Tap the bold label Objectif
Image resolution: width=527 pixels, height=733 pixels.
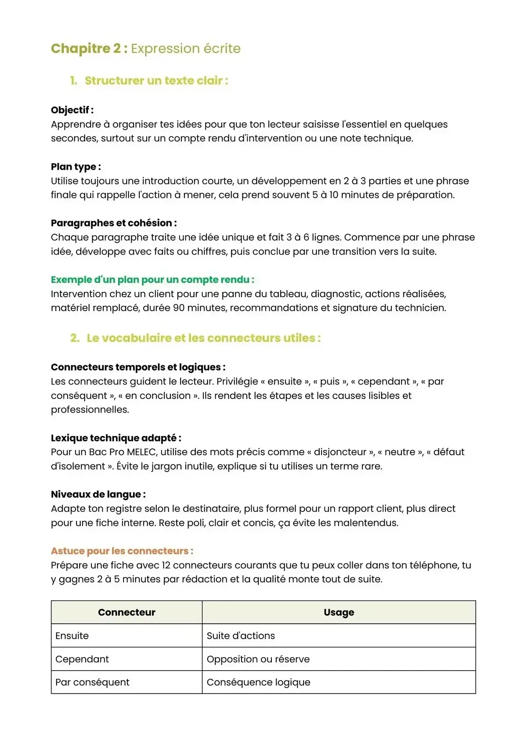(x=72, y=110)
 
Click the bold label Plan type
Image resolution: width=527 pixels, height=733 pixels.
(x=76, y=167)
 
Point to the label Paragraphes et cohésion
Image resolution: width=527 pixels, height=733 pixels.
(x=113, y=223)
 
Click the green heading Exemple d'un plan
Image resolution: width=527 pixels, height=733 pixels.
(x=152, y=280)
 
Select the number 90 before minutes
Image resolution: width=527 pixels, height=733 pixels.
(x=179, y=308)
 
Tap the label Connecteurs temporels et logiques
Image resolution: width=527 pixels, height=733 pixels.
(x=137, y=367)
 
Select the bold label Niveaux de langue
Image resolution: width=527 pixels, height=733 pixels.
(x=98, y=494)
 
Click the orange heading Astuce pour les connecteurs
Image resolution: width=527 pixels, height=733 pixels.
(x=122, y=551)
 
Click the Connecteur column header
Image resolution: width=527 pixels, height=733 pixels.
(x=126, y=612)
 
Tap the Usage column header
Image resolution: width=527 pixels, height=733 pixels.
(x=339, y=612)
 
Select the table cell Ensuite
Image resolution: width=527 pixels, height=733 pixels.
(x=72, y=636)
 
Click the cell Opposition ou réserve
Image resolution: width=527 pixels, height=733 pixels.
(x=258, y=659)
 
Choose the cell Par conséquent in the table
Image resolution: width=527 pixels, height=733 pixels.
(x=92, y=682)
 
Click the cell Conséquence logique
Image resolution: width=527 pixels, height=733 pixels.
(x=258, y=682)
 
